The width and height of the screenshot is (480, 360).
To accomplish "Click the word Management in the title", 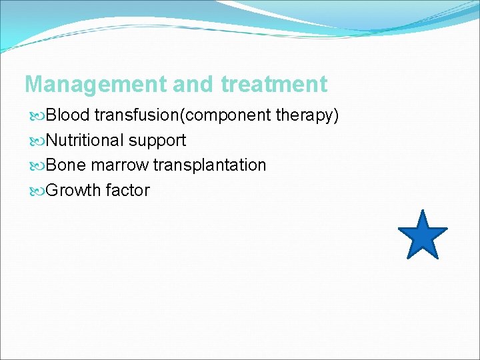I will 95,85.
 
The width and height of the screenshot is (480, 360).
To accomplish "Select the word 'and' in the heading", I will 193,85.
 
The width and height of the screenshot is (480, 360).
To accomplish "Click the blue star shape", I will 423,236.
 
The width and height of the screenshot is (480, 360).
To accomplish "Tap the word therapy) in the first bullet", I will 307,115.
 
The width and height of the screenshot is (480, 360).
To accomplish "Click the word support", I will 157,141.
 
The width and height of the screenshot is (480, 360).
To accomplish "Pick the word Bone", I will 67,165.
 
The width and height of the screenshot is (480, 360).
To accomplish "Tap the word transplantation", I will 209,165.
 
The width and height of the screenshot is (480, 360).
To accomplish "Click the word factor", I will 127,191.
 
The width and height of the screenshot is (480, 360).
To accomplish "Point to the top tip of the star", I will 423,210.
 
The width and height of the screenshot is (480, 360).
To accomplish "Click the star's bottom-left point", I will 407,257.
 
